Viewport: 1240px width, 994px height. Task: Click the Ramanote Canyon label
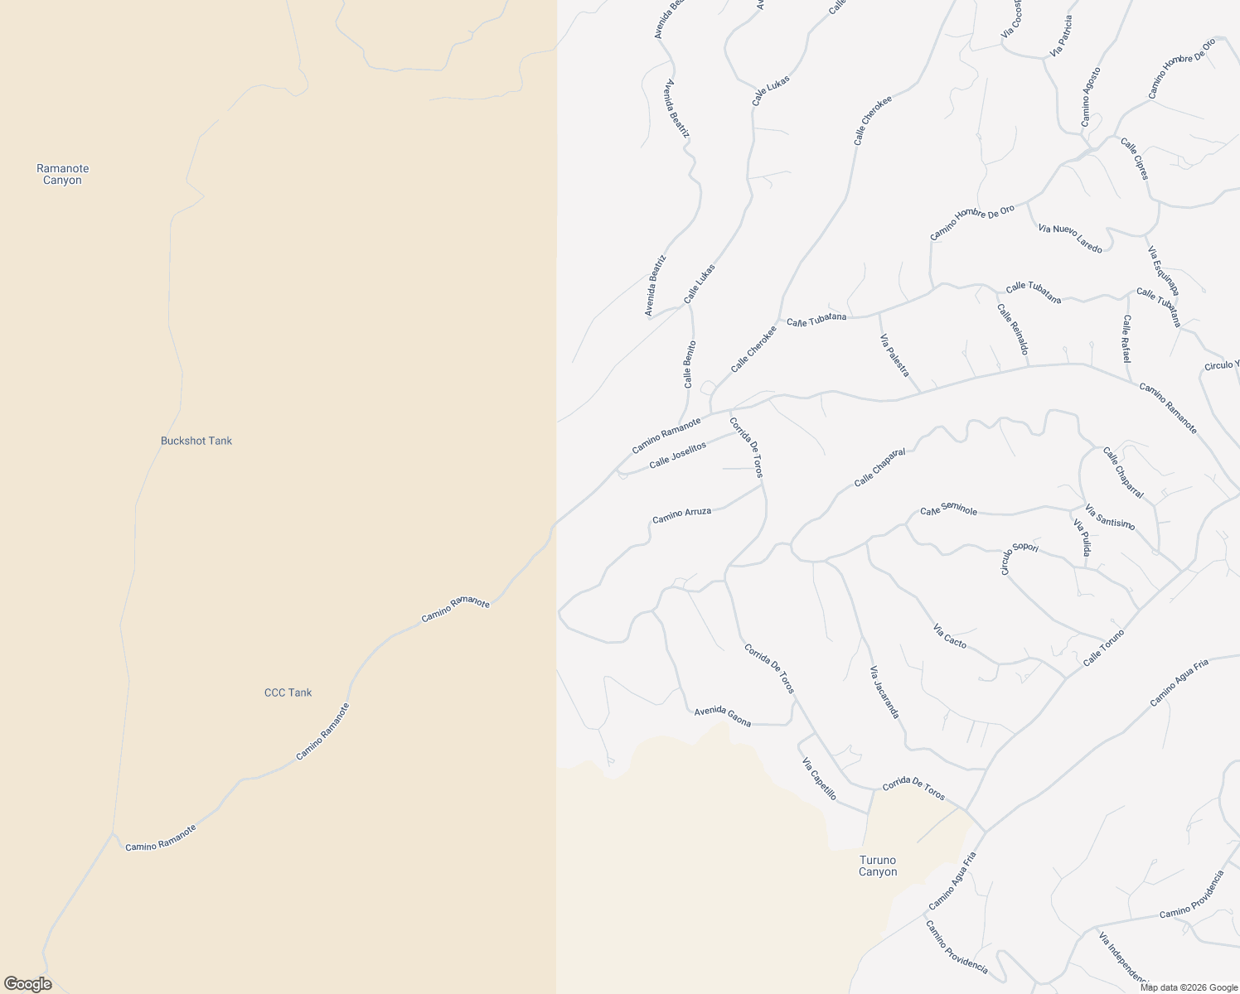click(x=62, y=174)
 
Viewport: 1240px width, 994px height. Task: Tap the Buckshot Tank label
click(x=196, y=441)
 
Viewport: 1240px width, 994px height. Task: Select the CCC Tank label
click(x=288, y=692)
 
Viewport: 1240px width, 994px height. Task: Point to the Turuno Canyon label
click(x=878, y=866)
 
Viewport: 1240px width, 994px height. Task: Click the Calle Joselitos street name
click(x=677, y=455)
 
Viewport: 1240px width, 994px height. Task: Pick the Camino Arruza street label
click(x=681, y=515)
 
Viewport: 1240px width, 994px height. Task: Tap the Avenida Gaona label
click(x=723, y=717)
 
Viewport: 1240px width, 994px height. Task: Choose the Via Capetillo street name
click(x=819, y=779)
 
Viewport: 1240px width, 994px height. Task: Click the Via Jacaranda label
click(x=884, y=692)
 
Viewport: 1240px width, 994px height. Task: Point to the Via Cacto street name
click(x=950, y=635)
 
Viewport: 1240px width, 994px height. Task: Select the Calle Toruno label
click(x=1104, y=648)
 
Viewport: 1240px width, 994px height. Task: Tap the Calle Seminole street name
click(x=948, y=511)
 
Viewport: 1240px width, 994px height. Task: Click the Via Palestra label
click(x=894, y=355)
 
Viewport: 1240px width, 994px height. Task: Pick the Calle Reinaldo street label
click(x=1012, y=330)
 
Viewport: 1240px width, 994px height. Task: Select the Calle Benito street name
click(x=689, y=364)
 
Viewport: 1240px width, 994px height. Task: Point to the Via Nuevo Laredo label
click(x=1070, y=239)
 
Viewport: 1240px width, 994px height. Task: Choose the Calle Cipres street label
click(x=1135, y=158)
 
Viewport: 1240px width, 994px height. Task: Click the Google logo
click(x=27, y=984)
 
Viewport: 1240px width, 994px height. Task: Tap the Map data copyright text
click(x=1187, y=987)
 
